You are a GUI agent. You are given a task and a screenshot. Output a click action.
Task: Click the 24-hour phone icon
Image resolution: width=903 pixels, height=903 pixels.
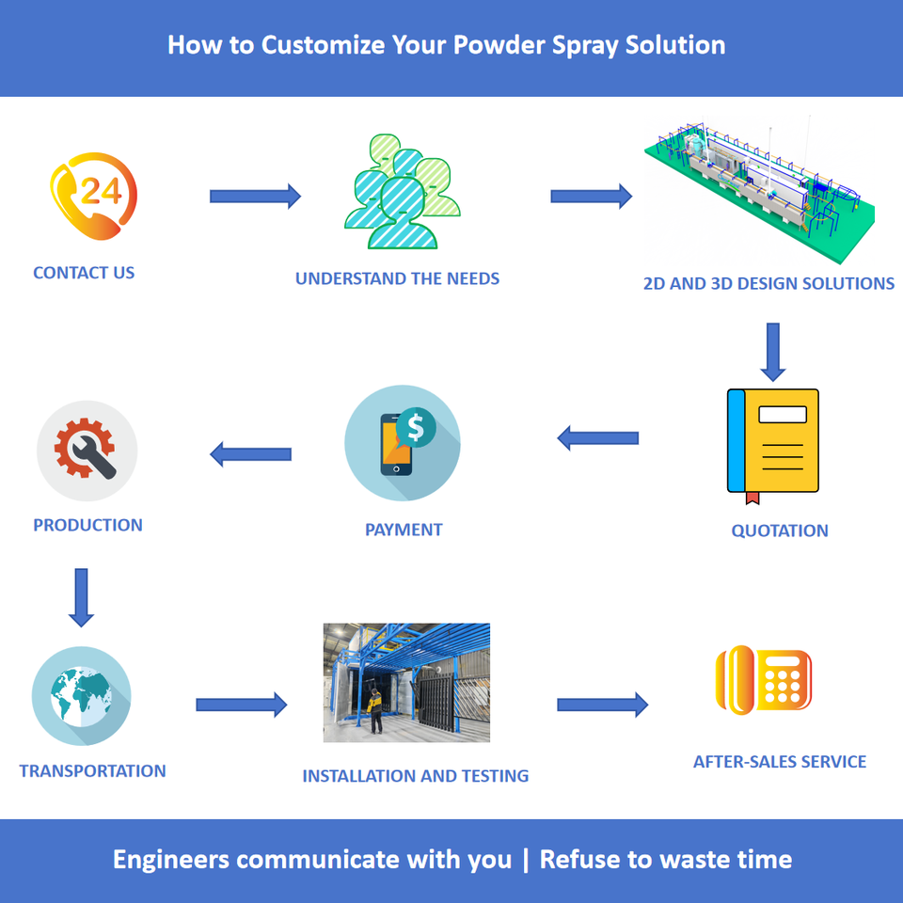pos(93,196)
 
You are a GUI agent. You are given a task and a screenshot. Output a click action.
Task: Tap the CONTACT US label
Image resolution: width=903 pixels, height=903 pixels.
pos(84,273)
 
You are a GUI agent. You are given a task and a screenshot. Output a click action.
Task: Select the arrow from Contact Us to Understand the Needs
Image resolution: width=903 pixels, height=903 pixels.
pos(255,197)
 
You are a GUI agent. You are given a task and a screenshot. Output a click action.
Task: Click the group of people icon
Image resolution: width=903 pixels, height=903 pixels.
pos(402,191)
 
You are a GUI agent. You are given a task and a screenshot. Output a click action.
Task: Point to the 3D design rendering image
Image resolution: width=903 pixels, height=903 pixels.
pos(760,190)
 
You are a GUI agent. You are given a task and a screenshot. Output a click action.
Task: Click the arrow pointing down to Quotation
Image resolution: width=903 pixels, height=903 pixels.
pos(773,352)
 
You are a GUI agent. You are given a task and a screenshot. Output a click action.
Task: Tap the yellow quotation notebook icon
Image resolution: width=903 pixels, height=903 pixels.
pos(773,446)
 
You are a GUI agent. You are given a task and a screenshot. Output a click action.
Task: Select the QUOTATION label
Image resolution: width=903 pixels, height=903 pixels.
pos(780,531)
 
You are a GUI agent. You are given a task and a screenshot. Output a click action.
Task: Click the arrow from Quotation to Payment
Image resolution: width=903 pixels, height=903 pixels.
pos(598,438)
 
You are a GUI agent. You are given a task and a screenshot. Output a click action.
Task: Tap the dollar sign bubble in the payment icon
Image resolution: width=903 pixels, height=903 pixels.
pos(416,427)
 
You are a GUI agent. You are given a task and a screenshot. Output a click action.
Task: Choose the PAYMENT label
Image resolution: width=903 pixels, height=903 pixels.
pos(404,530)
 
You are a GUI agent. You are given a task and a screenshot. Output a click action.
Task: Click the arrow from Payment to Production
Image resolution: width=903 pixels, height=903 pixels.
pos(250,454)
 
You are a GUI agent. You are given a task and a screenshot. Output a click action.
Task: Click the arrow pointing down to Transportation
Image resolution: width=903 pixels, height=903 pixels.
pos(81,598)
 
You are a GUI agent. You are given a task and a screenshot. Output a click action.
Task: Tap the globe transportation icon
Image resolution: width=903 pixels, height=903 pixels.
pos(81,696)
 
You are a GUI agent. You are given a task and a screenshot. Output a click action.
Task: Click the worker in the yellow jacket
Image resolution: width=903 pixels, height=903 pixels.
pos(375,711)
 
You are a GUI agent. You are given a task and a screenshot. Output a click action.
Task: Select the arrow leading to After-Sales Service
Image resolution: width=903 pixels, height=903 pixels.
pos(602,705)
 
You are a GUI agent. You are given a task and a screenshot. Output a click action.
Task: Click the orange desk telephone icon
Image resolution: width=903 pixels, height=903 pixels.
pos(764,680)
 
